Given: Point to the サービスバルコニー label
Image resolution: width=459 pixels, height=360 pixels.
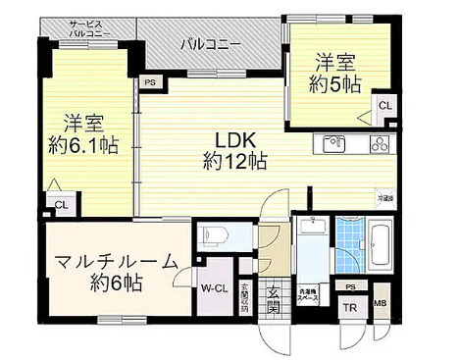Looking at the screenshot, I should tap(91, 28).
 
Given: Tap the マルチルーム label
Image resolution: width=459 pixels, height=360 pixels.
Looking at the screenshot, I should tap(117, 262).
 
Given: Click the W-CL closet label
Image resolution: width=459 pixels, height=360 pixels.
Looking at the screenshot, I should tap(216, 289).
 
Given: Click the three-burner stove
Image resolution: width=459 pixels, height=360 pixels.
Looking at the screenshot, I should tap(380, 143).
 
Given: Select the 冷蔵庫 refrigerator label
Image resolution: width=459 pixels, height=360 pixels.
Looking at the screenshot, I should tap(387, 198).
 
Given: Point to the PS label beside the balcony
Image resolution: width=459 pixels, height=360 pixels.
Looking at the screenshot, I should tap(149, 83).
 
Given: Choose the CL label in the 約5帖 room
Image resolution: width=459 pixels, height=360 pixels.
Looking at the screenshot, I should tap(385, 106).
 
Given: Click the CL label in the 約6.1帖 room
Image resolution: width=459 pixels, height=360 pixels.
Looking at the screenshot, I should tap(61, 205).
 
